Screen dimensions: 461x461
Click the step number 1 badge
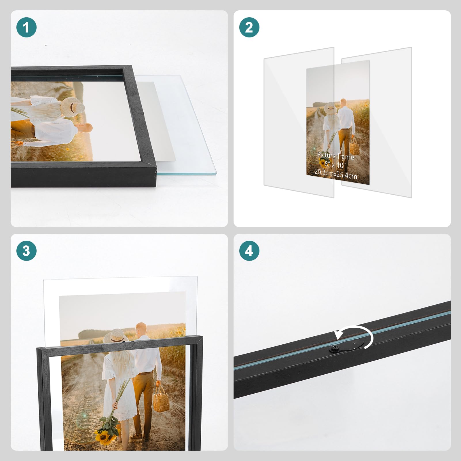26,28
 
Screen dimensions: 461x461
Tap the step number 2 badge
249,28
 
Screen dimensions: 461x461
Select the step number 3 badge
26,251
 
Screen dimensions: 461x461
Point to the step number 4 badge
249,251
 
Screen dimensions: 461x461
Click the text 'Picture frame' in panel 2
335,156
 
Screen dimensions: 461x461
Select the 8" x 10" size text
335,165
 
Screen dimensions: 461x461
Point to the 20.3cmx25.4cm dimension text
335,174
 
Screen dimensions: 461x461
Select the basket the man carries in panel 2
354,148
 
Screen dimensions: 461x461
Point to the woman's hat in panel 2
330,108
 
